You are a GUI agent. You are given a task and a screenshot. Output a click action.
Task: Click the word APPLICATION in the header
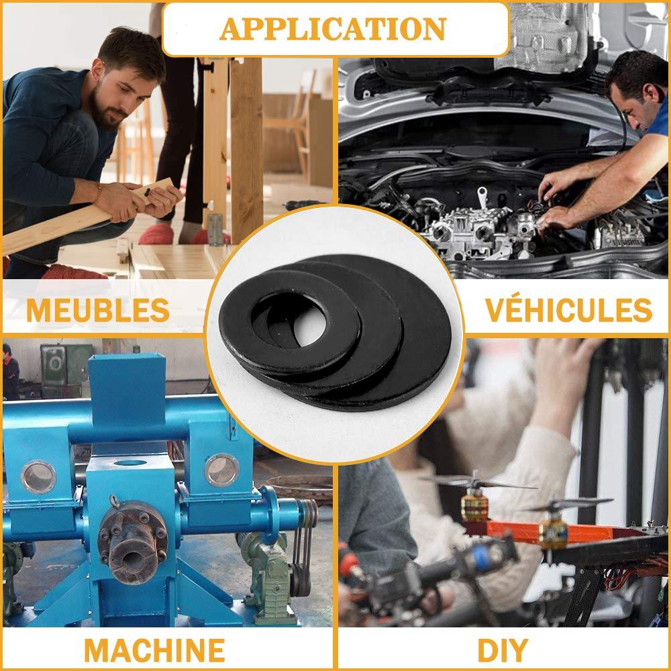coord(333,28)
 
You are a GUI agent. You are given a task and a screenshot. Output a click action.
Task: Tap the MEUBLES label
coord(97,309)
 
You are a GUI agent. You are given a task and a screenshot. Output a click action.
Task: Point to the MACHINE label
coord(154,650)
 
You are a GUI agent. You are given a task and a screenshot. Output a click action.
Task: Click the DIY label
coord(502,650)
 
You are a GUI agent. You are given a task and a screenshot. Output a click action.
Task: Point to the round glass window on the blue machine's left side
coord(38,476)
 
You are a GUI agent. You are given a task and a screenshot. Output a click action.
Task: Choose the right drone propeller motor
coord(553,530)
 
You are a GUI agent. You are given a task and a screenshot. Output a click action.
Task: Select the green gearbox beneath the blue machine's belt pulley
coord(268,570)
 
